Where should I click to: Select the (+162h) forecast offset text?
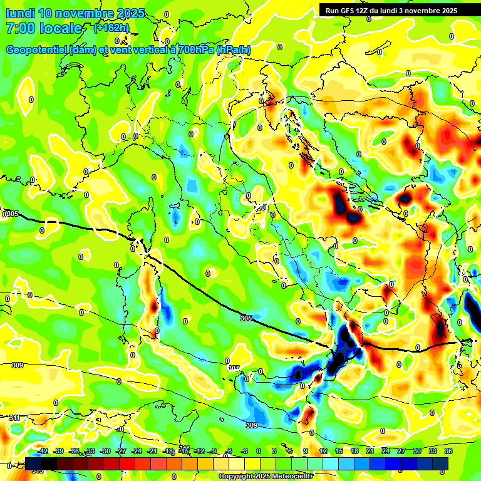[x=112, y=28]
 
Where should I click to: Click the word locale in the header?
[x=59, y=28]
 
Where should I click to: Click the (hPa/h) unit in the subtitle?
[x=234, y=50]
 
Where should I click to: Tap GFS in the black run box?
[x=348, y=11]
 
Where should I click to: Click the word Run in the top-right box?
[x=333, y=11]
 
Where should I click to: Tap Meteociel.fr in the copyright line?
[x=293, y=477]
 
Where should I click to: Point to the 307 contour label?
[x=234, y=368]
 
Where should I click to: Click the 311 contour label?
[x=14, y=418]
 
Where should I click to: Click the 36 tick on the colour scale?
[x=448, y=451]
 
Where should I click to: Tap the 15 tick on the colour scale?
[x=339, y=451]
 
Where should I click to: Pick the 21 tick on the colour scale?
[x=370, y=451]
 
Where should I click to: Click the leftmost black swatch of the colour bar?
[x=33, y=463]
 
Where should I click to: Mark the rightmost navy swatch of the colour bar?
[x=440, y=463]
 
